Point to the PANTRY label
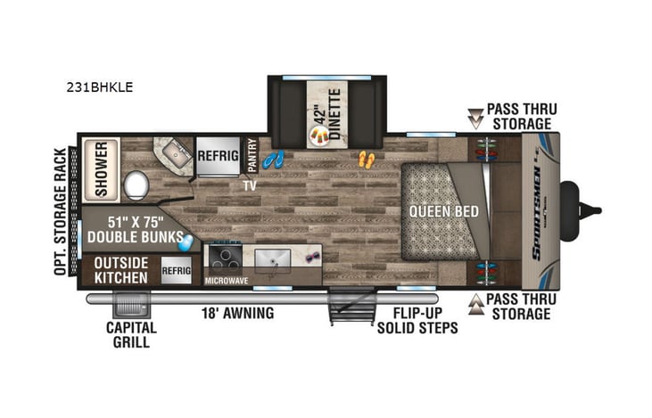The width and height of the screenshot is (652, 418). (252, 154)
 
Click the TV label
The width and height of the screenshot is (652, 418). (251, 185)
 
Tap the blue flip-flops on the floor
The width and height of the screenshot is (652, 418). (276, 160)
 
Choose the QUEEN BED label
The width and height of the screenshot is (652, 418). (444, 211)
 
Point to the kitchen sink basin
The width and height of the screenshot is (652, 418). (274, 260)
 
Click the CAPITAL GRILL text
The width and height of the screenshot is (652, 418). (131, 334)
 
